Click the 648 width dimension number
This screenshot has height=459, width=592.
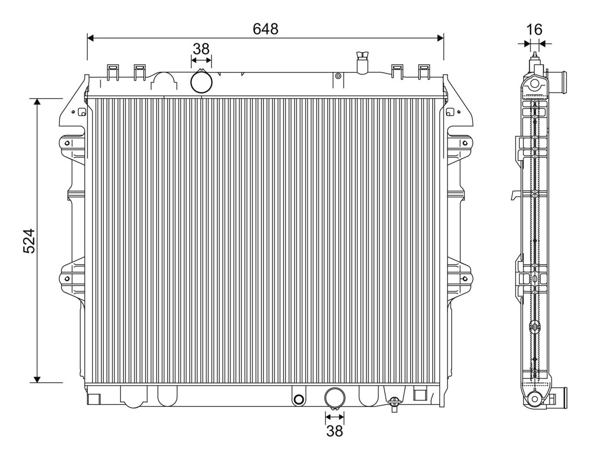[265, 29]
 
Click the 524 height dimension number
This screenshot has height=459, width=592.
[29, 241]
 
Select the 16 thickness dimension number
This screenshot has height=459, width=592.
[534, 30]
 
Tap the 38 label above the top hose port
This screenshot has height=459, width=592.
[201, 49]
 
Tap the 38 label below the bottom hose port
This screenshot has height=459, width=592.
[334, 431]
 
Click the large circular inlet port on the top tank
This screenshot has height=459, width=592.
[201, 82]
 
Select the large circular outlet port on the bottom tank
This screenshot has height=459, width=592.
[335, 398]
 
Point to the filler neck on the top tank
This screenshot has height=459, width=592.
[362, 63]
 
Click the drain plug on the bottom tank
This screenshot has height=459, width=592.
[394, 404]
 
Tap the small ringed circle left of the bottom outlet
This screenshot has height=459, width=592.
[299, 399]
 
